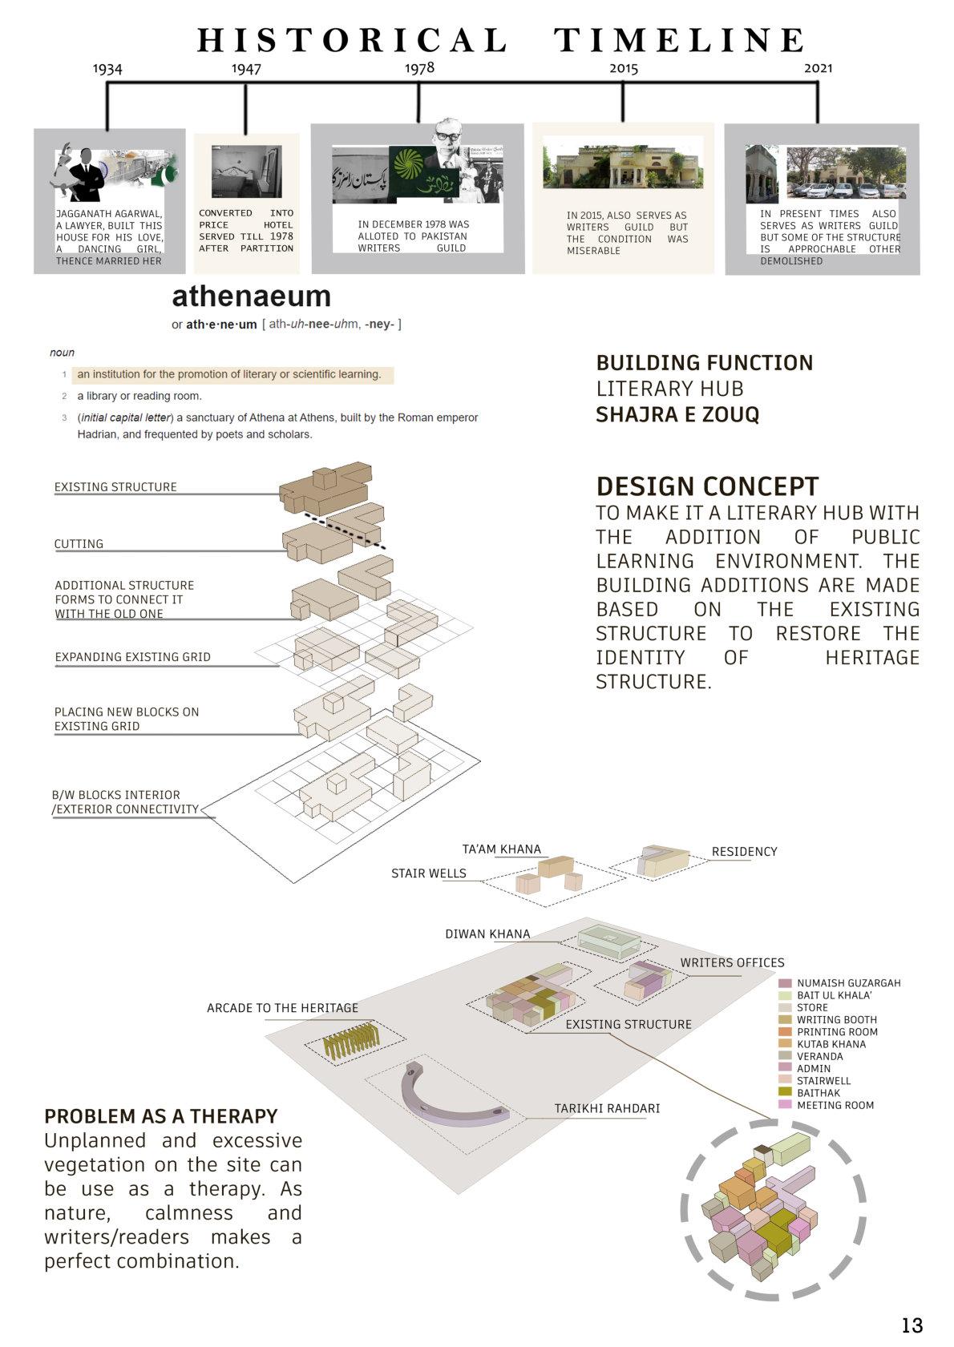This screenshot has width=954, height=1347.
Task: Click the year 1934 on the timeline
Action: coord(107,69)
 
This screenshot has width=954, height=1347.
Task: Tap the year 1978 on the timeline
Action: coord(419,68)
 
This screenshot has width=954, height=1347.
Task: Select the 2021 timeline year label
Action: coord(818,68)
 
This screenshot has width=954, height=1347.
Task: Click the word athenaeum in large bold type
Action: coord(251,296)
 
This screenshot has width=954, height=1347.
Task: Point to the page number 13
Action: coord(912,1325)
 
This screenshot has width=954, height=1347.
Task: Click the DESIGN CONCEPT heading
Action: coord(707,486)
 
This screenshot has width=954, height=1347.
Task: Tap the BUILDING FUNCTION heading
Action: coord(704,363)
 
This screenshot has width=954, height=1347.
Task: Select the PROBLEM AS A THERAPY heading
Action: coord(160,1115)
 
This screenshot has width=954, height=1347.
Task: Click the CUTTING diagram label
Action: coord(79,543)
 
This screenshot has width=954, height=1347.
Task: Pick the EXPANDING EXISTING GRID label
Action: coord(132,656)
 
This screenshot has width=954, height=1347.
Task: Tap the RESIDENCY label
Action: coord(744,851)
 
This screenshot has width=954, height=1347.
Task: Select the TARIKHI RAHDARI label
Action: coord(607,1108)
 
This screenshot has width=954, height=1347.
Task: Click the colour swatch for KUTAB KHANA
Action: coord(785,1043)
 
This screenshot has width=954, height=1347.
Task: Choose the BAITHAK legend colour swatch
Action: coord(785,1092)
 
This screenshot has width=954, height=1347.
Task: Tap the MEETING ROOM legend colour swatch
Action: coord(785,1104)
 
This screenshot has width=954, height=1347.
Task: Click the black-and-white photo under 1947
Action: coord(246,171)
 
